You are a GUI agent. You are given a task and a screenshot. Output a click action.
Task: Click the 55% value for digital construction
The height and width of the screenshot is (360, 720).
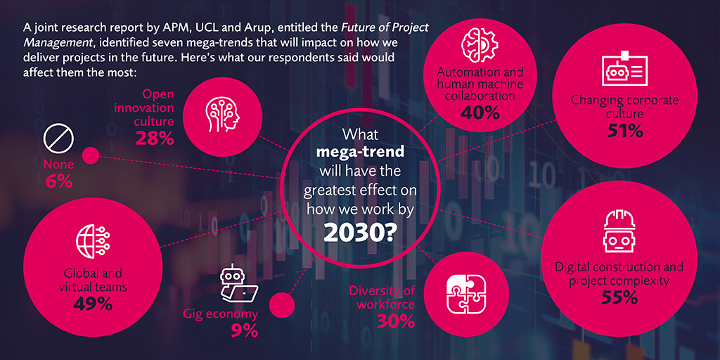point(619,297)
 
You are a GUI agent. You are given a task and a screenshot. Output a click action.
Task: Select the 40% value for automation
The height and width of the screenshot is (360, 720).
point(480,112)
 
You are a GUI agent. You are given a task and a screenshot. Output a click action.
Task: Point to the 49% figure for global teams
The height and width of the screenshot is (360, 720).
point(94,304)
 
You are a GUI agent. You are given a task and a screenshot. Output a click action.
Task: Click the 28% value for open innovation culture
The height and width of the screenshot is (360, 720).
point(155,139)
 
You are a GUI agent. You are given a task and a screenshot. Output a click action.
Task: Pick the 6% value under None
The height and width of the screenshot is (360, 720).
point(59,182)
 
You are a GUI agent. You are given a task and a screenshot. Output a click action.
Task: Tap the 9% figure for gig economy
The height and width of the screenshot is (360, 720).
point(244,331)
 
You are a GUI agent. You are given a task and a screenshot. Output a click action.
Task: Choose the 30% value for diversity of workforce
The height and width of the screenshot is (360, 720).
point(396,321)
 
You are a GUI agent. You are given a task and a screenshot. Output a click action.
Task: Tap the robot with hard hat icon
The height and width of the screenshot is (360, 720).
point(619,231)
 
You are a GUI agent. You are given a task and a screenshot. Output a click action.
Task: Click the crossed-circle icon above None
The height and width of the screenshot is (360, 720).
point(59,139)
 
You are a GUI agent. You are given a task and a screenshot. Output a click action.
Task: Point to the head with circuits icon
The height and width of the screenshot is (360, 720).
point(222,114)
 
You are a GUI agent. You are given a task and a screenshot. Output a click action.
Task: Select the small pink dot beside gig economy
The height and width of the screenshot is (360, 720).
point(281,305)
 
